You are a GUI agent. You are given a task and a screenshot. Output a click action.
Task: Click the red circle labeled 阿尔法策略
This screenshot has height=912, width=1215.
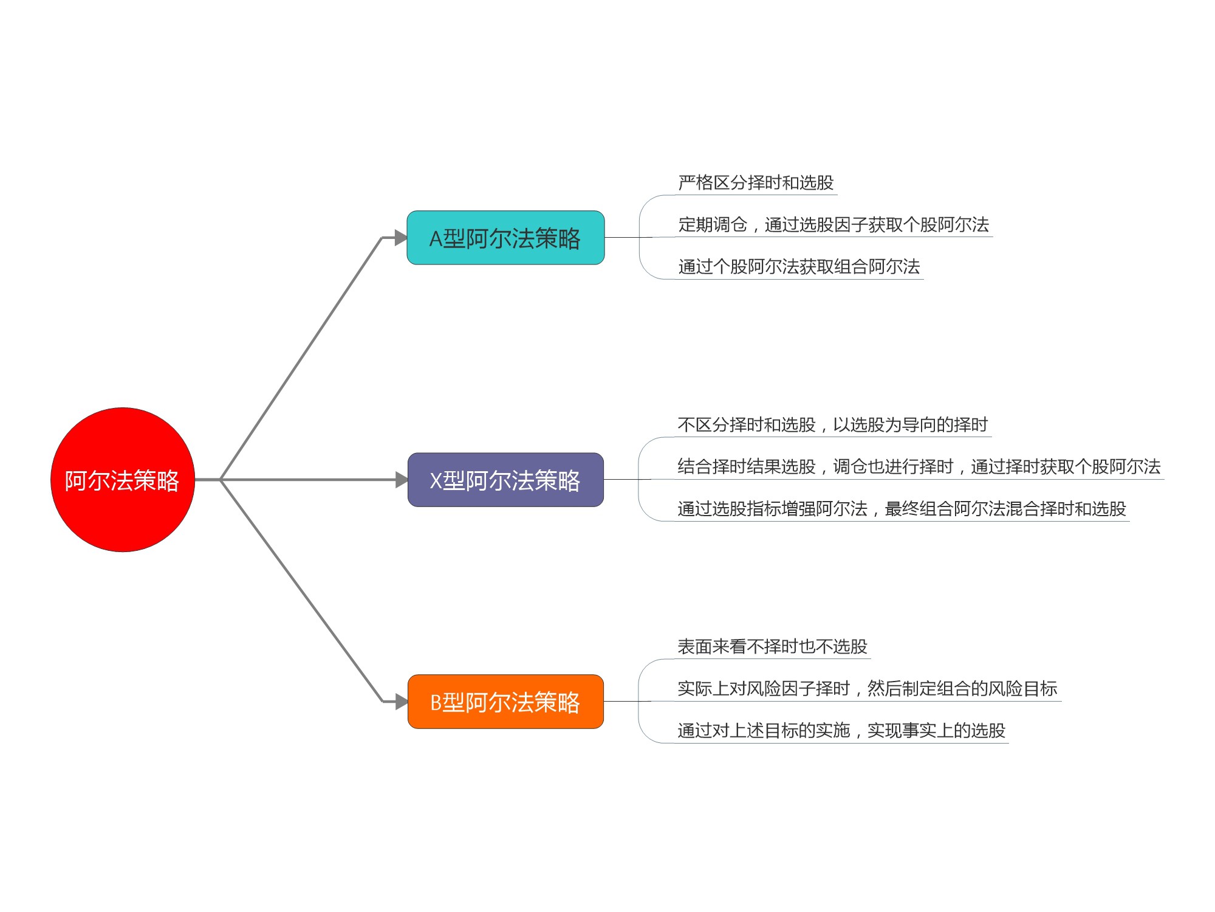[123, 480]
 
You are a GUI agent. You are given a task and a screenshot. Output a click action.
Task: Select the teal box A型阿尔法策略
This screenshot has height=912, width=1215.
[505, 238]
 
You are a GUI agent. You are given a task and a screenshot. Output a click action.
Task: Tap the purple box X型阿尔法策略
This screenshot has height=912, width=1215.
[505, 480]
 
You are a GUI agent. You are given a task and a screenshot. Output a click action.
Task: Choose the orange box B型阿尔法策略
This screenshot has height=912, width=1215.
[505, 702]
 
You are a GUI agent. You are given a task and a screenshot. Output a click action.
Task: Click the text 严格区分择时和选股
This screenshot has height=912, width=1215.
[756, 182]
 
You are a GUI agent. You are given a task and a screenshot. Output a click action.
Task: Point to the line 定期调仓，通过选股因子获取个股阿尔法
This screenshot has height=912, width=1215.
[833, 224]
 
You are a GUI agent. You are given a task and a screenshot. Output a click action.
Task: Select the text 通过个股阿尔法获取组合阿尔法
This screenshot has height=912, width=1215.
[799, 266]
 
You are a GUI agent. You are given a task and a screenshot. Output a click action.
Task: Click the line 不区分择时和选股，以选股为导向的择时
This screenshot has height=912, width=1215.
[832, 424]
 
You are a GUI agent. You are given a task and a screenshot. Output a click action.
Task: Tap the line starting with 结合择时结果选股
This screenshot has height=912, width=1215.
[919, 466]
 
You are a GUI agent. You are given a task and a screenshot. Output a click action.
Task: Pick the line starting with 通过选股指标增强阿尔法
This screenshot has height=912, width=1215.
[902, 508]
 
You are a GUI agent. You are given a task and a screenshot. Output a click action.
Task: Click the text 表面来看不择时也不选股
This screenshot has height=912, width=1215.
[772, 646]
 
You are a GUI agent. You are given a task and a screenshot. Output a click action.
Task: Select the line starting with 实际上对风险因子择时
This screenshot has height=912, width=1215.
[868, 688]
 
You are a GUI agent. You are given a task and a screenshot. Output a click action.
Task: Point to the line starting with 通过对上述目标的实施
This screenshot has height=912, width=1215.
[841, 730]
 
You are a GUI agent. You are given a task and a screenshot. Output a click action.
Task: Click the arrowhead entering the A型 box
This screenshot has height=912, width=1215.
[401, 238]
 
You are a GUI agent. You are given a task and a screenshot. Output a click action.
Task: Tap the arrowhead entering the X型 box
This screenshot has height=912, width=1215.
[402, 480]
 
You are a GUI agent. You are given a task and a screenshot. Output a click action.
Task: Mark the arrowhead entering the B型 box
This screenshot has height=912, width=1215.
[402, 702]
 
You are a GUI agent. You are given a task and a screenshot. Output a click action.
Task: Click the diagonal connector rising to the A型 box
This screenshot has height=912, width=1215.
[301, 359]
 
